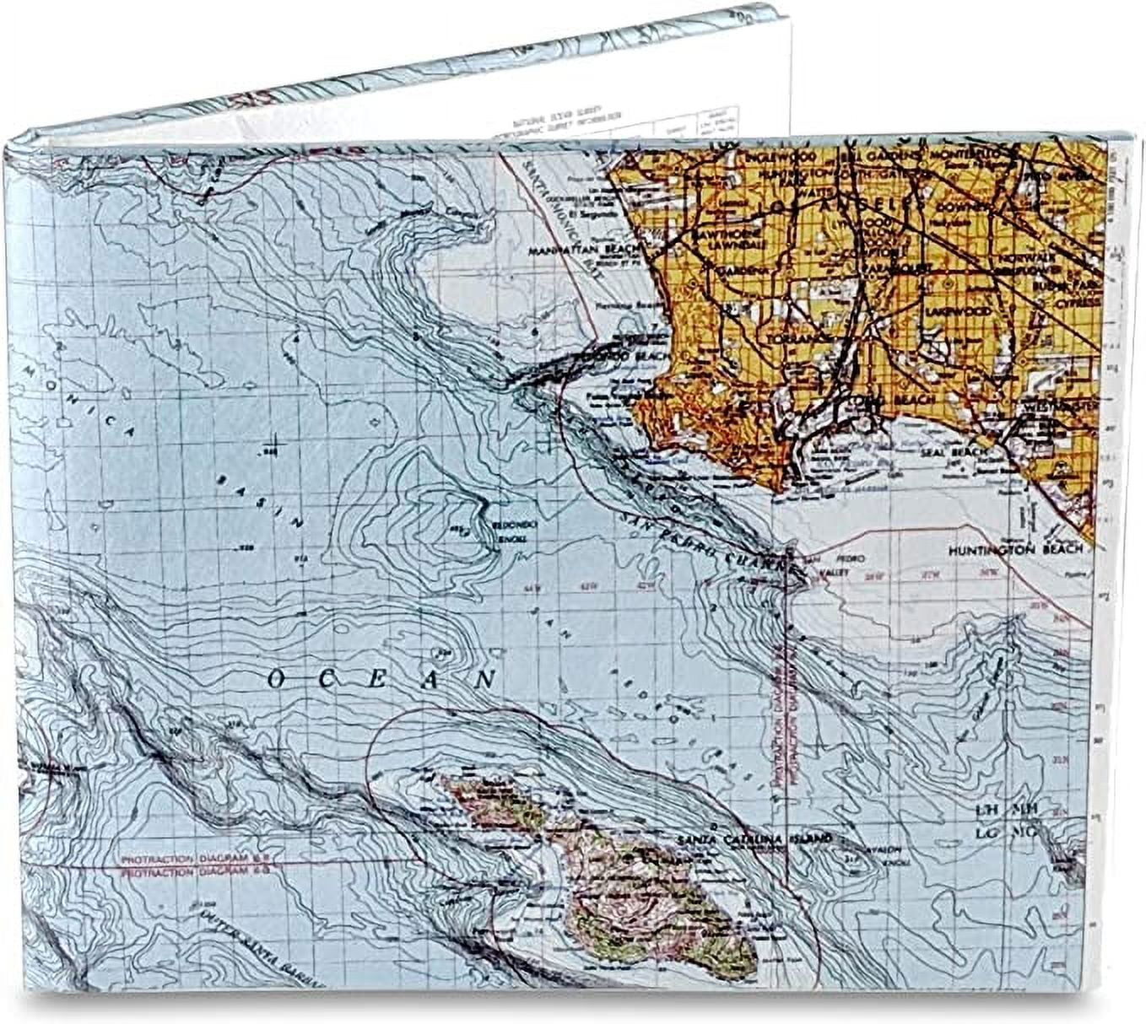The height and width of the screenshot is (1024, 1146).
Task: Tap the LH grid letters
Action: point(986,809)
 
